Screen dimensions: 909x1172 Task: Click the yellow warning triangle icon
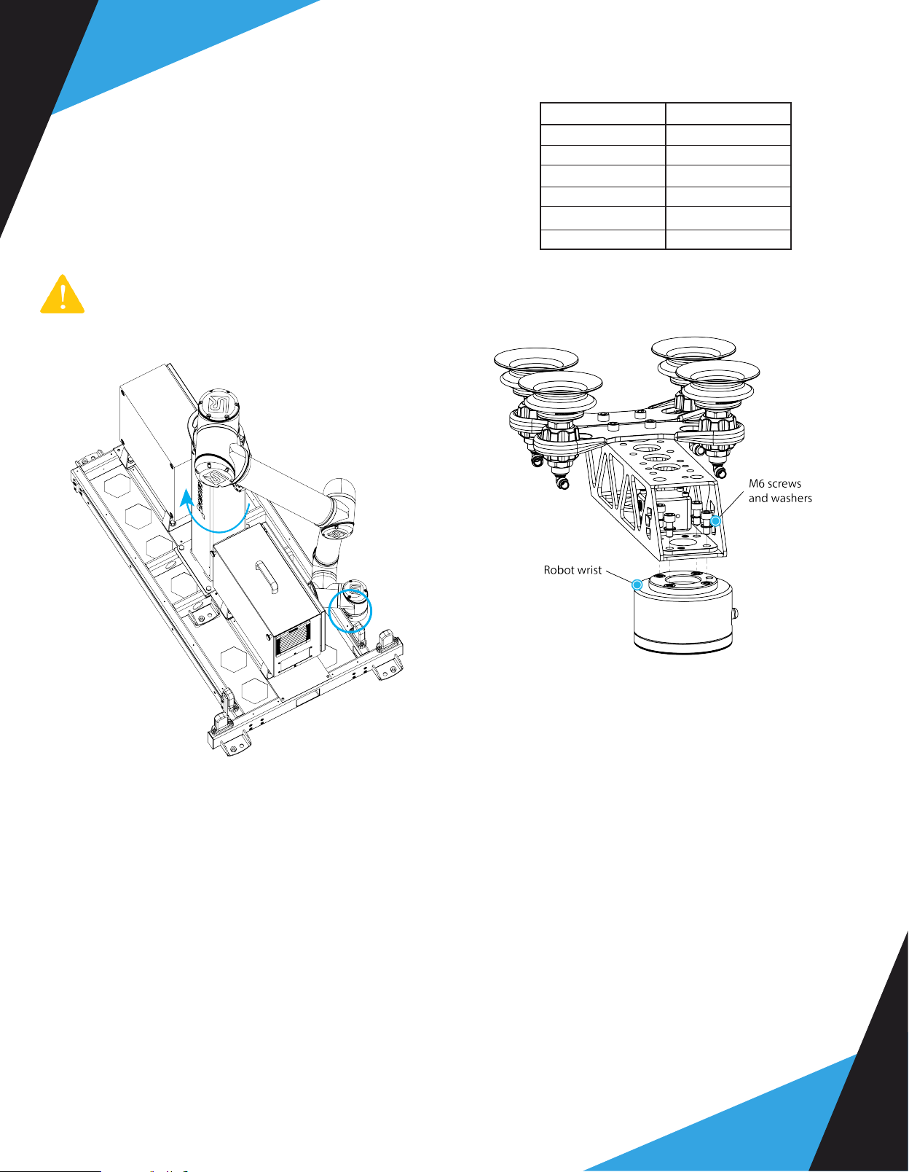[63, 294]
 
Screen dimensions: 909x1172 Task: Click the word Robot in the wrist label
[558, 570]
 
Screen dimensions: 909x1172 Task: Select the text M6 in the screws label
[756, 484]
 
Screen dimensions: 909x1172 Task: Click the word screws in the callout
[784, 484]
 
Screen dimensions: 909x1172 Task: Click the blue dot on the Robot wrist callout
[637, 585]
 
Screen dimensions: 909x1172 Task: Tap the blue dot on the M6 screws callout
[715, 521]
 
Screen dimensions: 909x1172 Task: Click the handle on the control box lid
[267, 577]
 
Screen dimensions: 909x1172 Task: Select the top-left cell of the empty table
[603, 114]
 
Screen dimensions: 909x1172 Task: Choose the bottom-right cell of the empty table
[728, 240]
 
